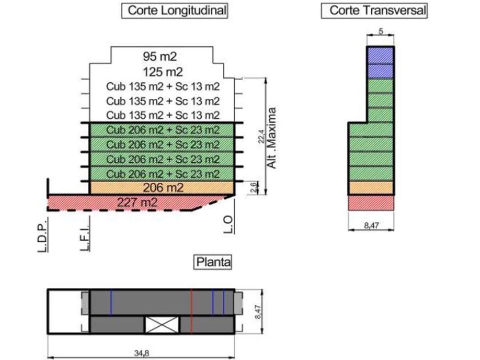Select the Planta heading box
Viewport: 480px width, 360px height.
(x=213, y=262)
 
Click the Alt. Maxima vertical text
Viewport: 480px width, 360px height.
(x=273, y=137)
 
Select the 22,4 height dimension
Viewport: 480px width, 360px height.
(x=261, y=137)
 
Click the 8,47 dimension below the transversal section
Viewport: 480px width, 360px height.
(x=371, y=226)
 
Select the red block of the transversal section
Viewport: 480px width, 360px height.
(x=371, y=202)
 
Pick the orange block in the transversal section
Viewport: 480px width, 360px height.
(x=371, y=187)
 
